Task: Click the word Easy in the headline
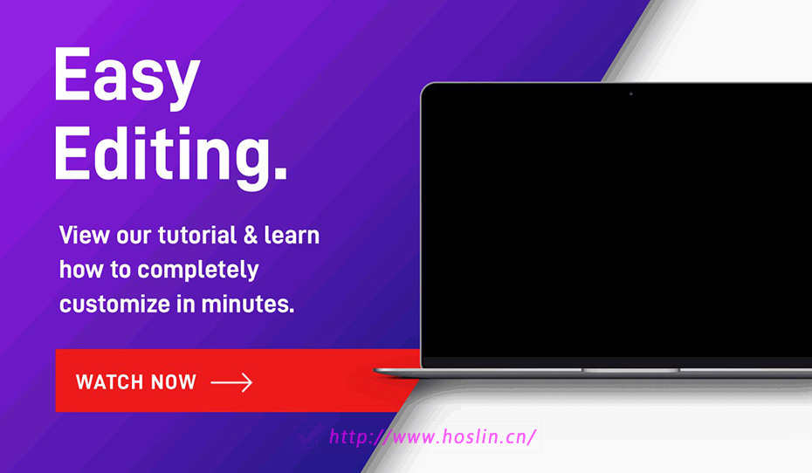click(127, 78)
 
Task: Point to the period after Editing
click(280, 171)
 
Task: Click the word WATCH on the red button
click(109, 382)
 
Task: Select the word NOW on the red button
click(174, 382)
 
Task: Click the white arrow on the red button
click(231, 382)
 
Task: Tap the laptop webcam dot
click(630, 93)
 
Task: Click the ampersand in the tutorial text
click(251, 236)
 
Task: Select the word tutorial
click(197, 235)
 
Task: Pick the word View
click(84, 235)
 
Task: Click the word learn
click(292, 235)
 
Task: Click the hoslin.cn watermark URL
click(433, 436)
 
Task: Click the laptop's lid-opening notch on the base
click(630, 371)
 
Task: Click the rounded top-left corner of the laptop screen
click(425, 87)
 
